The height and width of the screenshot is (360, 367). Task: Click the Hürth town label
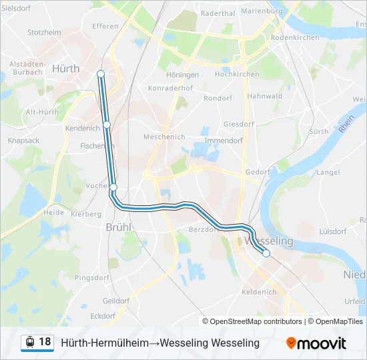[x=65, y=68]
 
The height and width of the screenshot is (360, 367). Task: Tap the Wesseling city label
[x=270, y=240]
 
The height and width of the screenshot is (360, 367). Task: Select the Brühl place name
[x=119, y=227]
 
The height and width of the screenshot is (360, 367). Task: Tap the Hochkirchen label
[x=237, y=74]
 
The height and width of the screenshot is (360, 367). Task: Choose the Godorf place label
[x=258, y=171]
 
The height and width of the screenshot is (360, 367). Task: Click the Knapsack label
[x=23, y=141]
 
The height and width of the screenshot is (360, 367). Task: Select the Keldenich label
[x=259, y=292]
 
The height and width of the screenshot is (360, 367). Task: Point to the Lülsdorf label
[x=334, y=231]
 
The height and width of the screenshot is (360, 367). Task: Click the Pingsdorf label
[x=91, y=277]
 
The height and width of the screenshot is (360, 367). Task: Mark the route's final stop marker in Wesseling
[x=266, y=253]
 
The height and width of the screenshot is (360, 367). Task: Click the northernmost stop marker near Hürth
[x=100, y=73]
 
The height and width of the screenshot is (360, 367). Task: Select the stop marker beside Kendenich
[x=107, y=125]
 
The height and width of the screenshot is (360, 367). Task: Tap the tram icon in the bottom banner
[x=30, y=342]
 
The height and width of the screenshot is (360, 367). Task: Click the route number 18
[x=45, y=342]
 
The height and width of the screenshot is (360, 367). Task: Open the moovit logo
[x=316, y=343]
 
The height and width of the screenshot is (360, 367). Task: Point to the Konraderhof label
[x=171, y=88]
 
